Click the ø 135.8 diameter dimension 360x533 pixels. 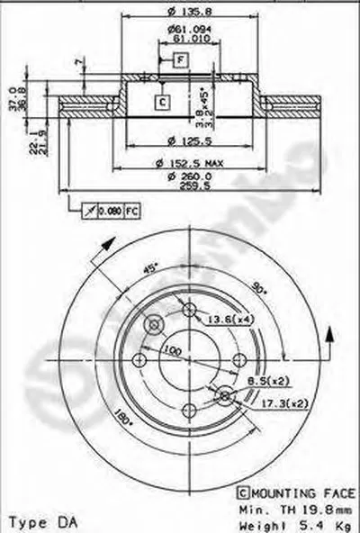coord(182,14)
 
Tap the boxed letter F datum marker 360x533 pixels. coord(181,59)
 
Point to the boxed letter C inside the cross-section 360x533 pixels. coord(162,102)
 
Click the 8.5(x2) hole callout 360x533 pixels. coord(263,381)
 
